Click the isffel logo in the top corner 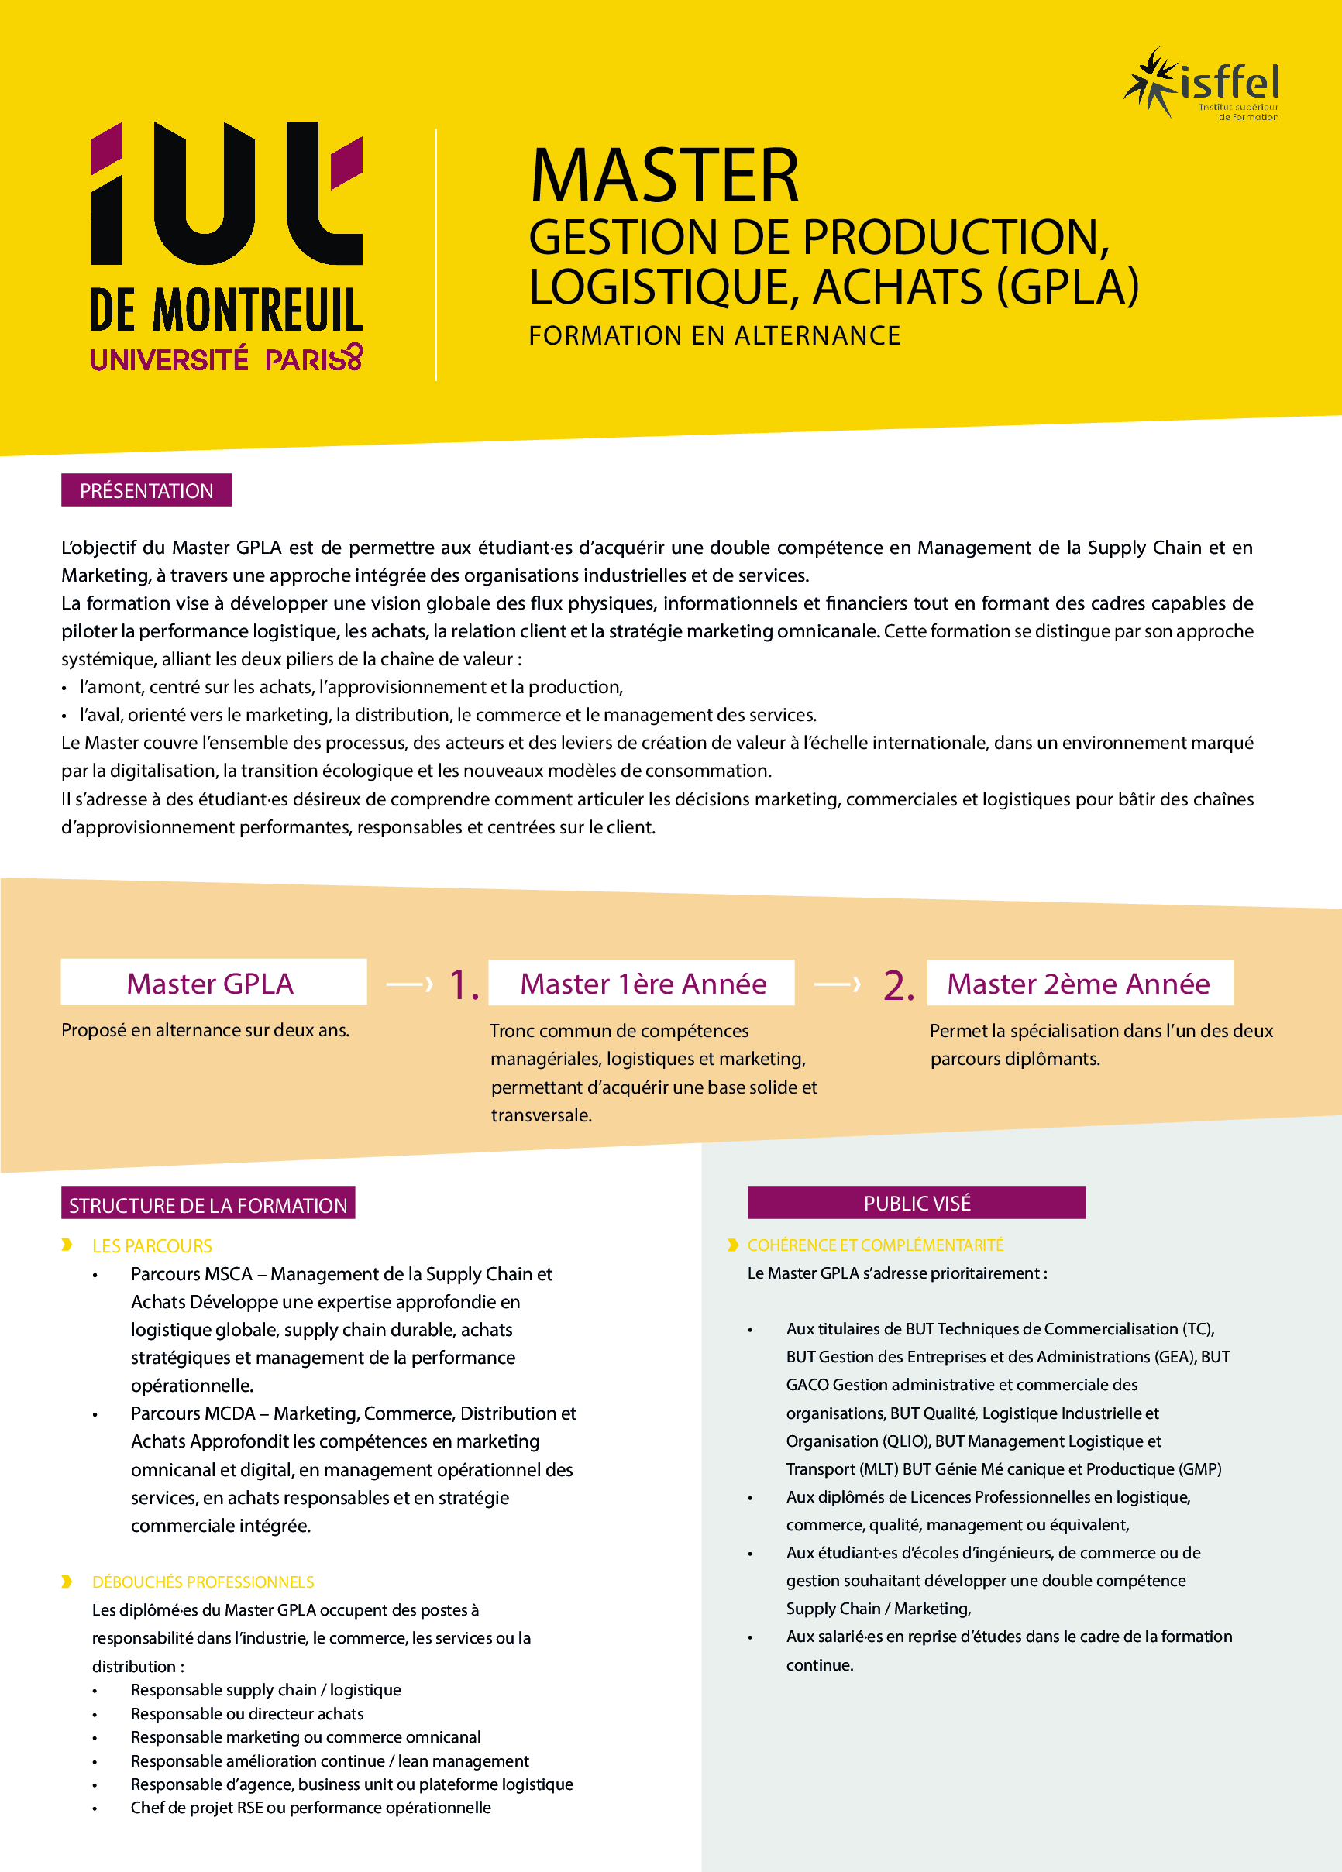(x=1202, y=84)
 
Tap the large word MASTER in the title (x=665, y=176)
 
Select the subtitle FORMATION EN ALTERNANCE (x=714, y=336)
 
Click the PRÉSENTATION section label (x=146, y=490)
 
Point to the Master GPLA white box (x=213, y=982)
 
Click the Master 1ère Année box (x=642, y=983)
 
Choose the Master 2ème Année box (x=1079, y=983)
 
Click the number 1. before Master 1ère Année (x=463, y=985)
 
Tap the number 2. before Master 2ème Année (x=899, y=985)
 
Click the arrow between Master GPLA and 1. (x=410, y=984)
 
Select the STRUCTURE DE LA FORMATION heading (x=208, y=1204)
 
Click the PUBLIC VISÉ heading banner (x=917, y=1203)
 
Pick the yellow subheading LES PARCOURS (x=152, y=1245)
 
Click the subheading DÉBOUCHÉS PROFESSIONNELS (x=203, y=1582)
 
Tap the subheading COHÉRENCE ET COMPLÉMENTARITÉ (x=876, y=1245)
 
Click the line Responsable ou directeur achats (x=247, y=1713)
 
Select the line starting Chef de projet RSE (x=311, y=1808)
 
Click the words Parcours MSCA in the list (x=191, y=1273)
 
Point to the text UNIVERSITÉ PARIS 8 (x=225, y=359)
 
